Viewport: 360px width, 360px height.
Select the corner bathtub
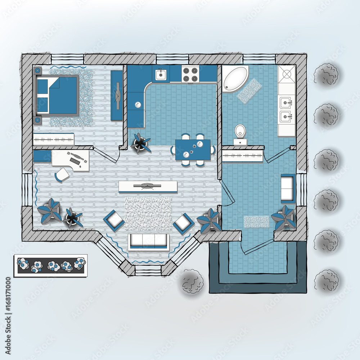[234, 78]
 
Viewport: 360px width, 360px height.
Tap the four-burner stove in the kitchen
[190, 74]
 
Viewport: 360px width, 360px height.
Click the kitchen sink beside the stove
[161, 75]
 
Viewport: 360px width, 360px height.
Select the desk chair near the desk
[62, 175]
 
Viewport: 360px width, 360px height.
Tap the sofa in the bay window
[148, 242]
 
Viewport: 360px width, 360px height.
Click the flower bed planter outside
[50, 266]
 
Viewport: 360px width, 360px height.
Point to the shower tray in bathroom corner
[287, 74]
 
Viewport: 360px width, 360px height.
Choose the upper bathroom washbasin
[287, 103]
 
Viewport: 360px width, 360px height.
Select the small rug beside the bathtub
[249, 90]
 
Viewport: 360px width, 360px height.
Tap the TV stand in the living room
[148, 186]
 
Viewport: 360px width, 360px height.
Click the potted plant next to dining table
[140, 143]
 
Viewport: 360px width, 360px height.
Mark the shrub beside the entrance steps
[193, 281]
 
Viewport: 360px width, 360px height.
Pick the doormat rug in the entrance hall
[256, 221]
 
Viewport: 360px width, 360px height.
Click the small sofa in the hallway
[288, 188]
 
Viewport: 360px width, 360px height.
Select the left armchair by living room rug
[114, 220]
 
